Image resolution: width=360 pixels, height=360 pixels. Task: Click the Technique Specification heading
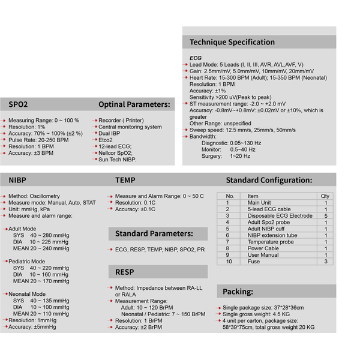[x=232, y=42]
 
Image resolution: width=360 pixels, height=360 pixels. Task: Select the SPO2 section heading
[x=18, y=104]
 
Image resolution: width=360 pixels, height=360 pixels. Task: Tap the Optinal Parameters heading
[x=134, y=104]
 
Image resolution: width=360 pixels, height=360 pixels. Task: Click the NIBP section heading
[x=17, y=180]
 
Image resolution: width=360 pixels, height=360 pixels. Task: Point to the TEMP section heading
[x=126, y=180]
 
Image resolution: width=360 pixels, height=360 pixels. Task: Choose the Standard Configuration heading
[x=268, y=180]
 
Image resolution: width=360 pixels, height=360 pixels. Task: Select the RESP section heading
[x=125, y=272]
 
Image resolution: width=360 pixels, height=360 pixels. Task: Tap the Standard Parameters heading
[x=154, y=233]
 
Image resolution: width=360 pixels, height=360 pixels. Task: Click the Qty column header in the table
[x=325, y=196]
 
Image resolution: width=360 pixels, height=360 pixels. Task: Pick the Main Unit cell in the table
[x=259, y=203]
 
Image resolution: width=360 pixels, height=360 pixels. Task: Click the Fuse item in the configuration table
[x=254, y=262]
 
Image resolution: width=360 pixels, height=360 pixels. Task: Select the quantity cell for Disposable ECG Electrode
[x=325, y=216]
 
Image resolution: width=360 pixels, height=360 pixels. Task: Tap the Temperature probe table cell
[x=271, y=242]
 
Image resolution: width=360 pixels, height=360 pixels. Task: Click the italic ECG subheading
[x=196, y=58]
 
